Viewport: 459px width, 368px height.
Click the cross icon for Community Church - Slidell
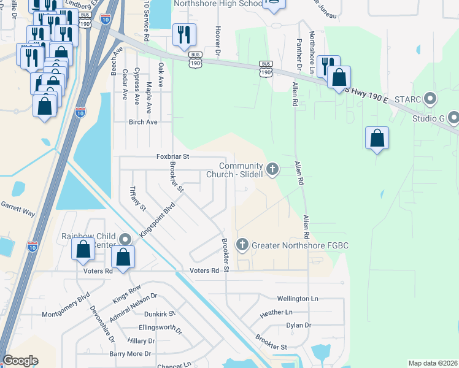272,167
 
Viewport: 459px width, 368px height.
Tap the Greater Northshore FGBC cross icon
242,245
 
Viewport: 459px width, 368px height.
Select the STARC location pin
430,98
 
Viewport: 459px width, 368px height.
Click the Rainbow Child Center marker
126,239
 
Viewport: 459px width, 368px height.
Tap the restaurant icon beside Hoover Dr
183,36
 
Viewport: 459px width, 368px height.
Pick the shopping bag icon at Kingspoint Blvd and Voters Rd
123,258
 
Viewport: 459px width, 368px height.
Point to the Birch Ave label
143,122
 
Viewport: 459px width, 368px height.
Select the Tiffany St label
137,199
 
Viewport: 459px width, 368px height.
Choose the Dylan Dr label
299,325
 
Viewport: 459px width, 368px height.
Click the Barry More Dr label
130,354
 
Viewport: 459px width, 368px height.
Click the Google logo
21,361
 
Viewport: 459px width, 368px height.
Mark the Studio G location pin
453,116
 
